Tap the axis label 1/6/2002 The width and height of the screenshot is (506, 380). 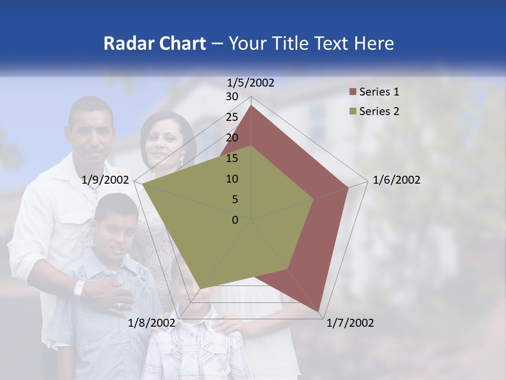point(396,180)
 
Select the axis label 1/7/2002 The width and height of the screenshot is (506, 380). point(350,323)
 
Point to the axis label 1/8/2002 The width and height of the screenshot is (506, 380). point(152,323)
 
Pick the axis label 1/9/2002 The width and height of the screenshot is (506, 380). point(105,180)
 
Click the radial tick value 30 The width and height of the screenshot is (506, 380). point(232,97)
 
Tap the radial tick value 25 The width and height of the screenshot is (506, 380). point(232,117)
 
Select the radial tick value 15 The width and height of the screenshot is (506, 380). point(232,158)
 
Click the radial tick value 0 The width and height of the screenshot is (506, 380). point(235,220)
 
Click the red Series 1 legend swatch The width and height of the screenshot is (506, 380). point(353,92)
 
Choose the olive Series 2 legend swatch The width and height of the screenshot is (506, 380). point(353,111)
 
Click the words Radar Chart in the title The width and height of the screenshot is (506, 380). point(154,43)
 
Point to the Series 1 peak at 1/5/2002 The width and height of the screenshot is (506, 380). point(251,106)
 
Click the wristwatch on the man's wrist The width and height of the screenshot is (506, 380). point(79,288)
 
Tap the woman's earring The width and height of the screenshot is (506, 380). point(182,159)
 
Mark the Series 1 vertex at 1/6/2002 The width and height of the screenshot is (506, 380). point(348,187)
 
